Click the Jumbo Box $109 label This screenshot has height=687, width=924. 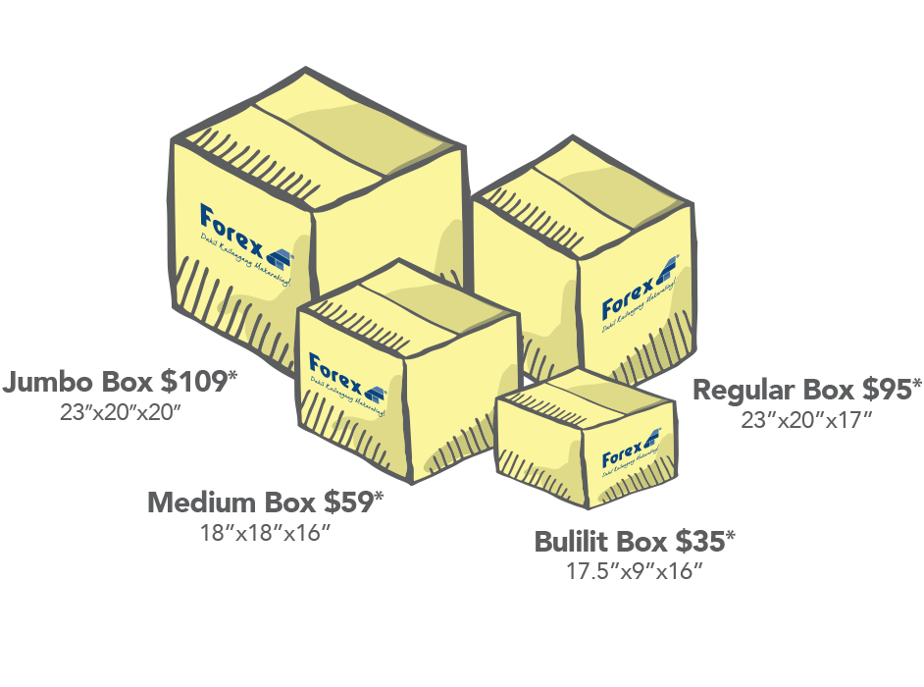(x=122, y=382)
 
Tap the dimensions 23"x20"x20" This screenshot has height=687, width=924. (x=122, y=412)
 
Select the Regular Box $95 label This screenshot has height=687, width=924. (x=807, y=390)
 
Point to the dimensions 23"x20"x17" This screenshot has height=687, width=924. (x=807, y=420)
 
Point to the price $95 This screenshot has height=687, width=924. (x=892, y=390)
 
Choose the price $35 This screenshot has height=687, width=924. (x=704, y=541)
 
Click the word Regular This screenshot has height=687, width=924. (x=744, y=390)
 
